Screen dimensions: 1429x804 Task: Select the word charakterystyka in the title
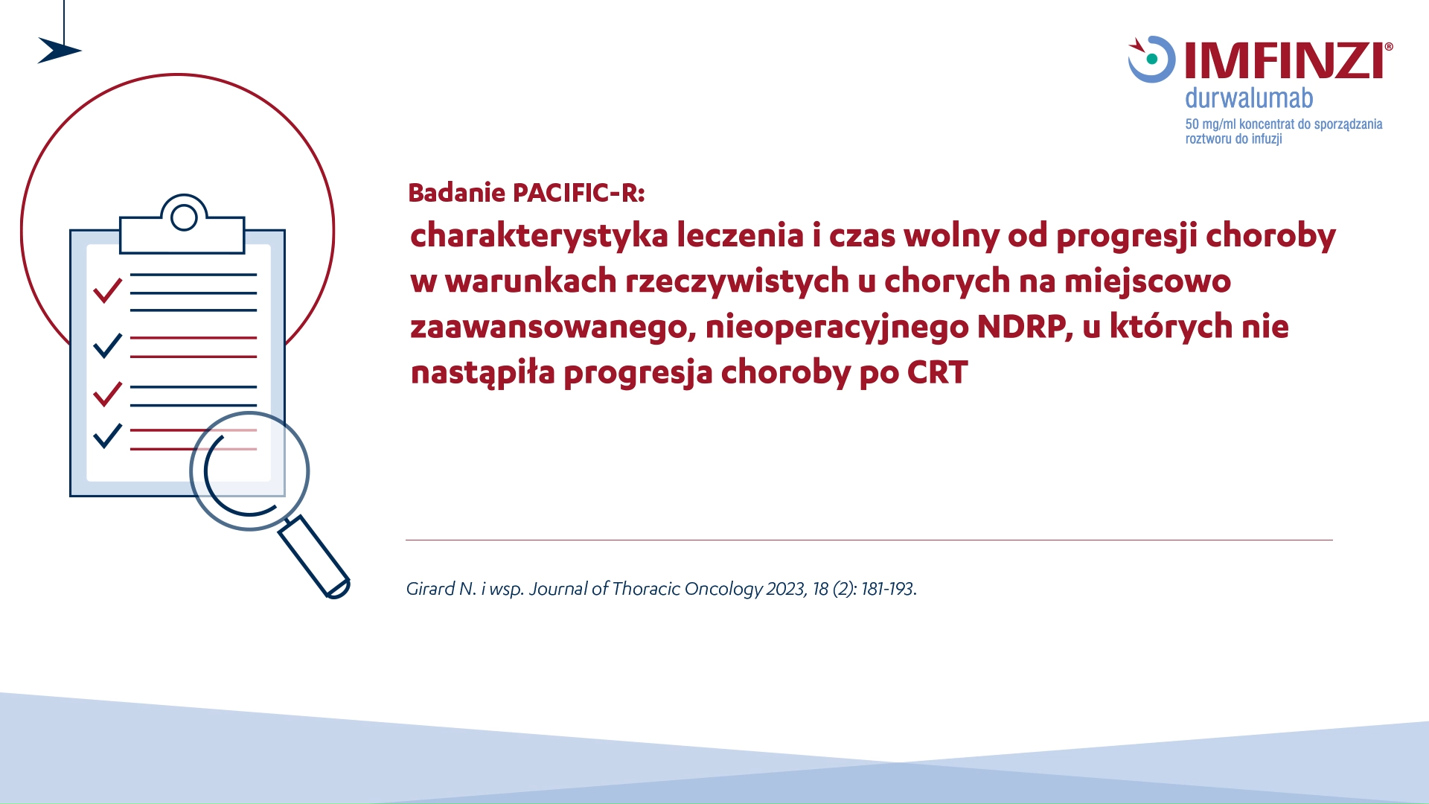[539, 237]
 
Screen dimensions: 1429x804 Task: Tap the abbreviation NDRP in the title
[1024, 326]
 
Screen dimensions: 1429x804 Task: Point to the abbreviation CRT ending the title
[937, 372]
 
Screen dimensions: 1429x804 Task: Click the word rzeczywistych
[737, 282]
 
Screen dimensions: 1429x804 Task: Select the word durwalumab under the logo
[1249, 98]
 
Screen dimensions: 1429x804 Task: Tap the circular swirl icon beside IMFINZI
[1151, 59]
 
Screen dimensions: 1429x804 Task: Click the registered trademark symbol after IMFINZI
[1389, 47]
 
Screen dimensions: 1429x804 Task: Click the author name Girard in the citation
[430, 589]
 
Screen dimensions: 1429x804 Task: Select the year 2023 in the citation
[786, 589]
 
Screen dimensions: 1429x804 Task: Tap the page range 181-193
[889, 589]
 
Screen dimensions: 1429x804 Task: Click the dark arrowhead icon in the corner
[59, 51]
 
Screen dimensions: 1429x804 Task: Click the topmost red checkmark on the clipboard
[108, 290]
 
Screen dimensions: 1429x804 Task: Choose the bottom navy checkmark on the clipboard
[108, 435]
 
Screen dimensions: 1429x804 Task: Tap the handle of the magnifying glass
[314, 556]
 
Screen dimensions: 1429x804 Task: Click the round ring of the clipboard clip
[184, 217]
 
